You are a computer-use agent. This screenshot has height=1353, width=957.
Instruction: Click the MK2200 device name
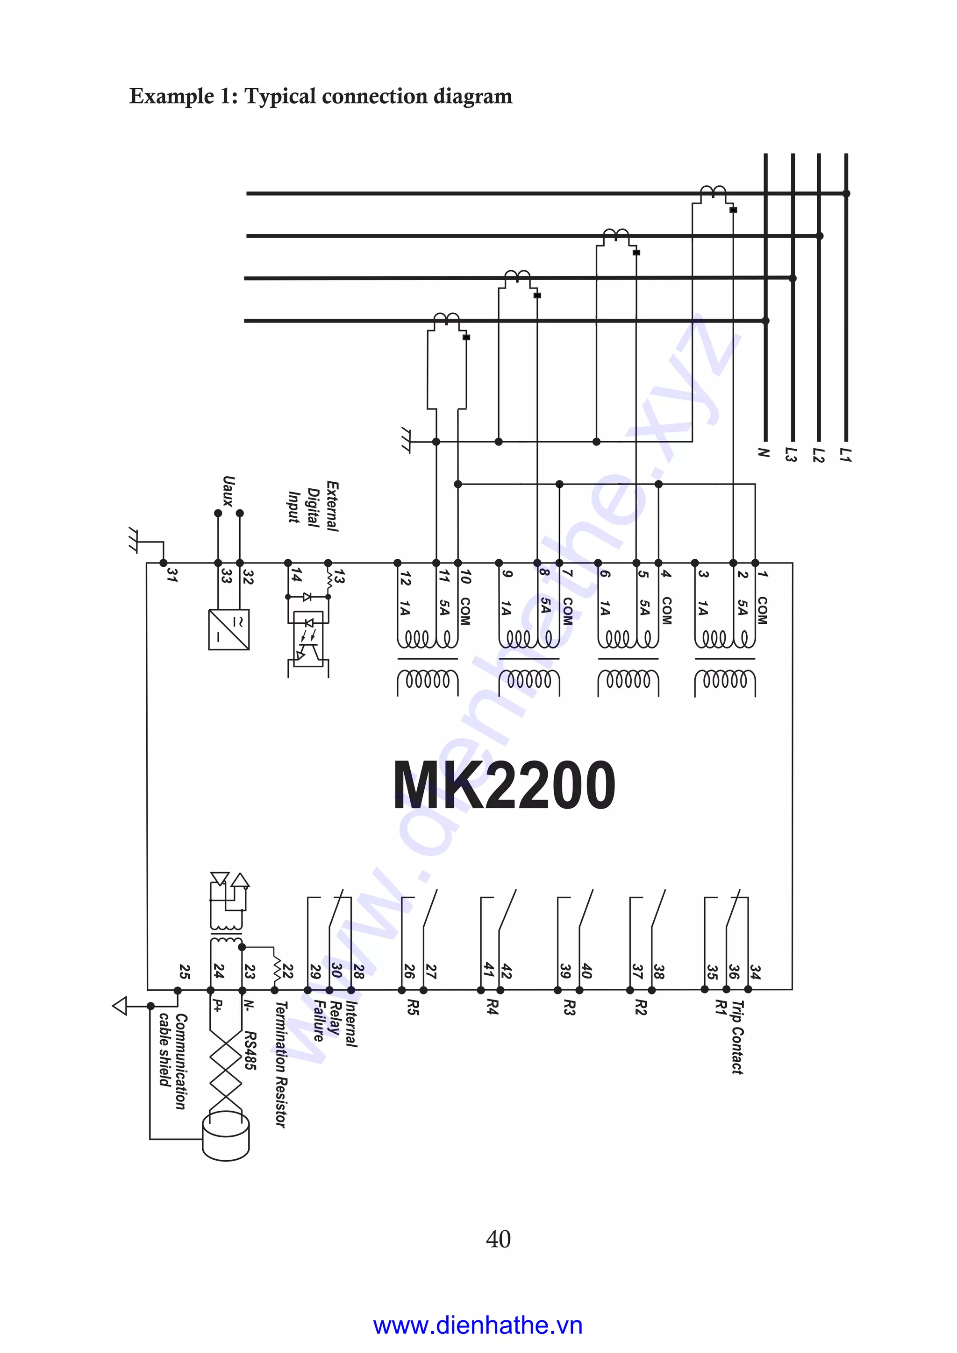coord(504,785)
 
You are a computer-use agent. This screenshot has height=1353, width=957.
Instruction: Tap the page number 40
coord(498,1239)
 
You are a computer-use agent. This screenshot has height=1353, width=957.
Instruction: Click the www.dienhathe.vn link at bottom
coord(478,1326)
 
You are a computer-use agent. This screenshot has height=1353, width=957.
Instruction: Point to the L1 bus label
coord(846,454)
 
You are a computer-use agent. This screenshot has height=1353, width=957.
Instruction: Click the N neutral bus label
coord(764,452)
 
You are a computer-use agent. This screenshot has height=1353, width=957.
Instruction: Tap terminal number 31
coord(171,576)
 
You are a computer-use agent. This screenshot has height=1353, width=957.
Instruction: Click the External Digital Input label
coord(314,506)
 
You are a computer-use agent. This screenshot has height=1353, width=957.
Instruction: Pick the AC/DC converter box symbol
coord(229,629)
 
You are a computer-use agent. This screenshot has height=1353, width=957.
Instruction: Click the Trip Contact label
coord(737,1037)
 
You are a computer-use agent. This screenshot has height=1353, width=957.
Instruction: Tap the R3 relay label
coord(568,1007)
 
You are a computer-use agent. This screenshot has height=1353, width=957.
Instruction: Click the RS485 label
coord(250,1050)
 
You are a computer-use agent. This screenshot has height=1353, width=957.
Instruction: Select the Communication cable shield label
coord(173,1061)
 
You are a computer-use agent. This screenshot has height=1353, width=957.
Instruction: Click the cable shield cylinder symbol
coord(226,1137)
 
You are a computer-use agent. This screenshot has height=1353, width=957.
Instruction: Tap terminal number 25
coord(185,971)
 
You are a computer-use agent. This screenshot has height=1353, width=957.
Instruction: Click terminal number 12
coord(405,578)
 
